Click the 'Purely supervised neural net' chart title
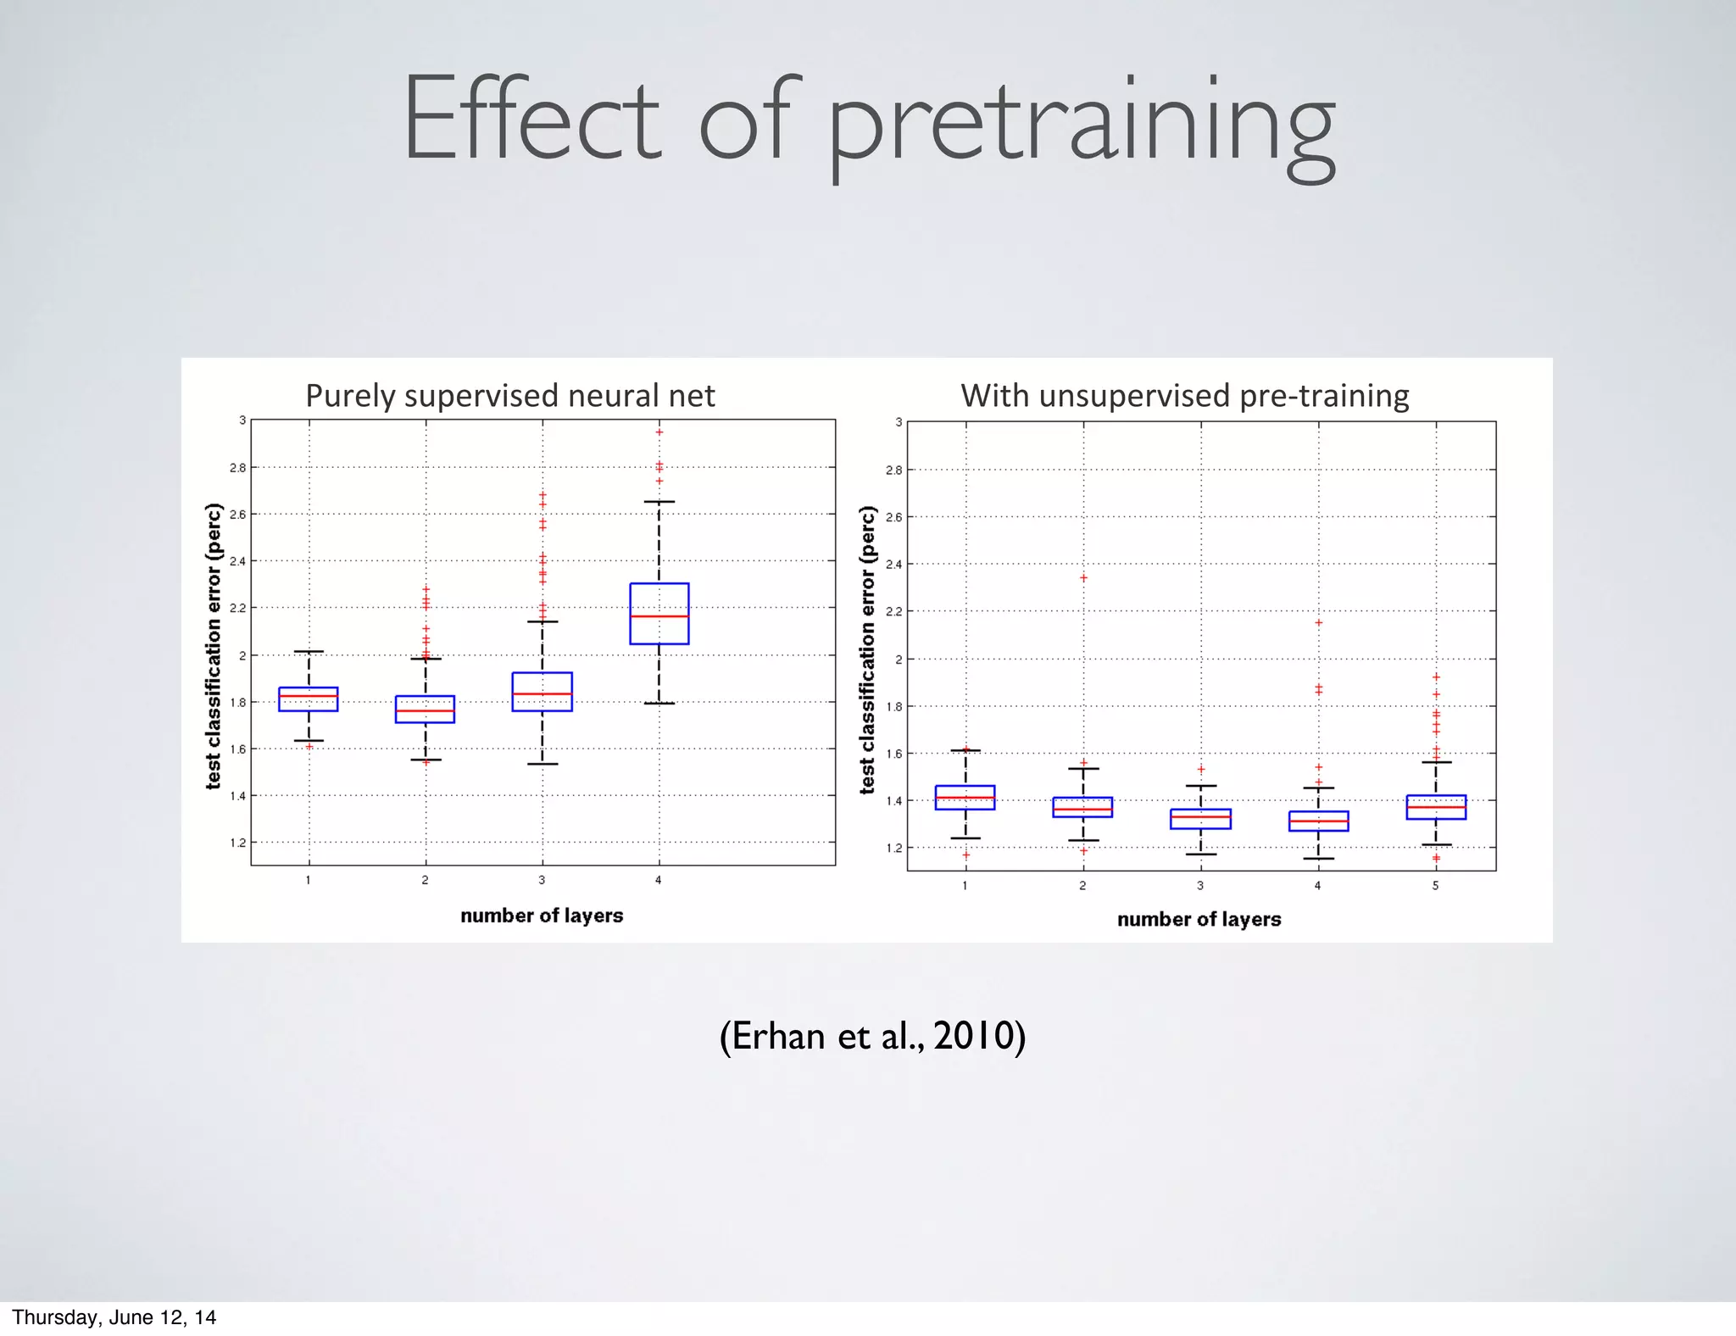coord(509,396)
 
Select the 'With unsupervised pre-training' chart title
coord(1184,396)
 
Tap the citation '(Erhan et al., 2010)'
coord(872,1036)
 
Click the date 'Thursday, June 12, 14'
coord(114,1317)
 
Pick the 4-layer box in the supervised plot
coord(659,613)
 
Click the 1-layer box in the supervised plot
coord(308,699)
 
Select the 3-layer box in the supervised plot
coord(542,691)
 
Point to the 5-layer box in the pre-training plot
coord(1435,807)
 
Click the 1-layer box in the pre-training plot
coord(965,798)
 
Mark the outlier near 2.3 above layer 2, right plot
coord(1083,578)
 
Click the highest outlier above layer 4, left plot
coord(659,432)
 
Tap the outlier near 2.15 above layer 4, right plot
coord(1318,623)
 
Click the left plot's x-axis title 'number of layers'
coord(542,916)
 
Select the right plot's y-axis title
coord(866,649)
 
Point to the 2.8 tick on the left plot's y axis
coord(237,468)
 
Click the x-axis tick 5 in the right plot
coord(1435,886)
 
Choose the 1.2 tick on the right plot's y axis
coord(893,848)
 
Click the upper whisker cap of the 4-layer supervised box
coord(659,502)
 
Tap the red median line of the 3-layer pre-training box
coord(1200,816)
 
